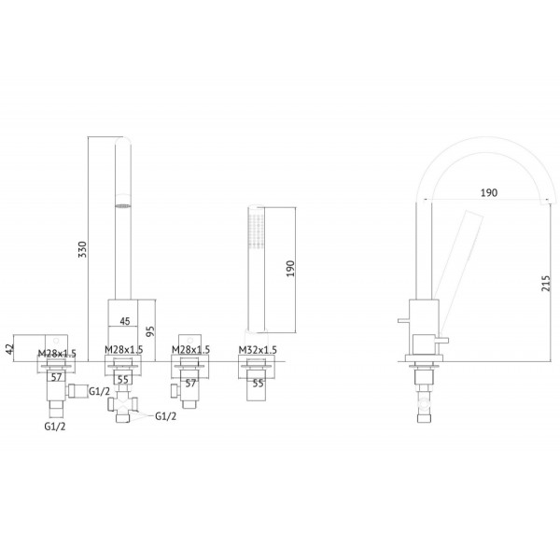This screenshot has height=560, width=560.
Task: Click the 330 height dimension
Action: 82,249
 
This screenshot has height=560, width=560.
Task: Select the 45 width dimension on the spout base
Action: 125,321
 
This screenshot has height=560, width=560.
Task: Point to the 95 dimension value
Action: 150,331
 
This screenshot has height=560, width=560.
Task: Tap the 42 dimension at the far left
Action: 10,348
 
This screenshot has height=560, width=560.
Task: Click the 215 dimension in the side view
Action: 546,283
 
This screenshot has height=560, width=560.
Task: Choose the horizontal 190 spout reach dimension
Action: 488,193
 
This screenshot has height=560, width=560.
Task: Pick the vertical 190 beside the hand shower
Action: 290,269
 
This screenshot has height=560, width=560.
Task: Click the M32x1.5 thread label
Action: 258,350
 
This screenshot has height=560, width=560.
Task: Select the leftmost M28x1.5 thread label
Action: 57,353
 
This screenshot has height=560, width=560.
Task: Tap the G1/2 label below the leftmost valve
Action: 55,427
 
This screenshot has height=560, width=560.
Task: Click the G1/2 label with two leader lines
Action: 165,416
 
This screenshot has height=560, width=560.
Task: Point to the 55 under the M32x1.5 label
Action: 258,384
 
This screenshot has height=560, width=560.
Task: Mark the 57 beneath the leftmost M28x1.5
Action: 56,377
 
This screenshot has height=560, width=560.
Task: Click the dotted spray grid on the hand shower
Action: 257,230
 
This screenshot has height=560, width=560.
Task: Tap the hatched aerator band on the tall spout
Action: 123,205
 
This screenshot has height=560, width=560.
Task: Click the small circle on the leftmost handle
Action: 56,341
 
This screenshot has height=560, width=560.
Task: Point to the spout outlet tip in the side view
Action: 549,203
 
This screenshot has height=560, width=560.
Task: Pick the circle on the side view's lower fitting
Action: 424,403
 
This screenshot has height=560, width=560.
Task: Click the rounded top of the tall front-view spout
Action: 123,139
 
